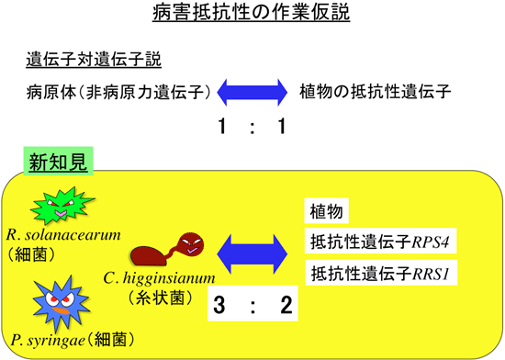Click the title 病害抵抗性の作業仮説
[x=252, y=16]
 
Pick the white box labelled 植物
[x=328, y=213]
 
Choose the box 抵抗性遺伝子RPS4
[x=377, y=243]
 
